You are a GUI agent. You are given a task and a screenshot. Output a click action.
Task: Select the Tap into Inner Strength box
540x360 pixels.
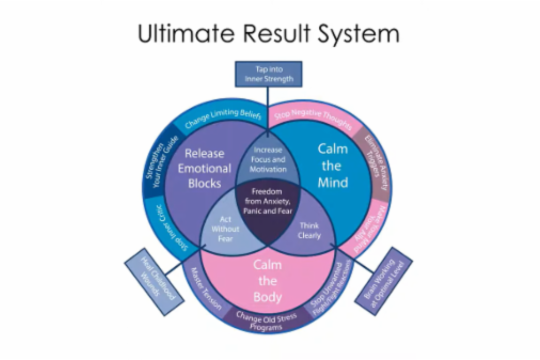[268, 74]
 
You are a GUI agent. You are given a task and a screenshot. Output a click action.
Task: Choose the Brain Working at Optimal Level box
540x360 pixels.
[383, 281]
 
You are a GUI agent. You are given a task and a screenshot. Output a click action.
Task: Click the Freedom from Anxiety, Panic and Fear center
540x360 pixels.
[268, 201]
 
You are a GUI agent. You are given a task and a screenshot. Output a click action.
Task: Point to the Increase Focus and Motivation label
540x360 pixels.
[268, 159]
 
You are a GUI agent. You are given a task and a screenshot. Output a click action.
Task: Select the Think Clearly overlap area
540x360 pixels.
[309, 230]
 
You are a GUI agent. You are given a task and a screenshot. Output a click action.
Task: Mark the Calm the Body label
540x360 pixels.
[268, 281]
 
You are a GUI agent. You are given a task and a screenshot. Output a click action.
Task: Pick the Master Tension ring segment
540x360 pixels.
[206, 291]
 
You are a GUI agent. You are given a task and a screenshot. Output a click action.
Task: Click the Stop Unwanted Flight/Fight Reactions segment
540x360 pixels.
[330, 289]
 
